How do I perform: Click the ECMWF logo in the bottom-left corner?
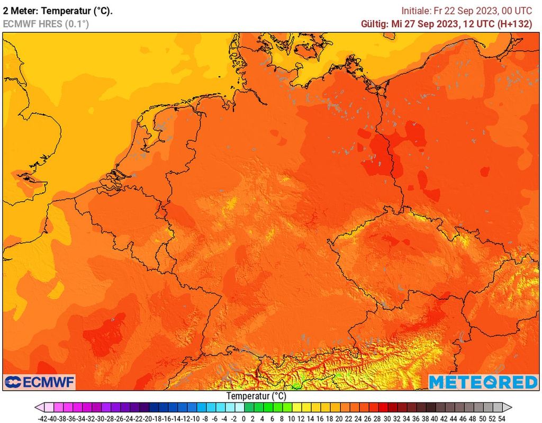tap(40, 382)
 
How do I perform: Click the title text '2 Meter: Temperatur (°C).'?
tap(58, 11)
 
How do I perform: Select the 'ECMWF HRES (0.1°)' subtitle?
tap(46, 24)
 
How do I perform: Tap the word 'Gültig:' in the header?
tap(374, 24)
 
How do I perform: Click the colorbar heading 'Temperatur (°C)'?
tap(256, 396)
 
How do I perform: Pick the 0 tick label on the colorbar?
tap(243, 418)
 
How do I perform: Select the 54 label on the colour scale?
tap(501, 418)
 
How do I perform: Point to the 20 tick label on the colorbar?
tap(339, 418)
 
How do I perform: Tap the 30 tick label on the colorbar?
tap(386, 418)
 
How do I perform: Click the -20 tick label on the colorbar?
tap(148, 418)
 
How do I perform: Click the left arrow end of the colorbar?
tap(39, 407)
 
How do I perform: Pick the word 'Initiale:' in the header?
tap(418, 11)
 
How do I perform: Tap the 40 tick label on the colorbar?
tap(435, 418)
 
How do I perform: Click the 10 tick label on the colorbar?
tap(291, 418)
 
